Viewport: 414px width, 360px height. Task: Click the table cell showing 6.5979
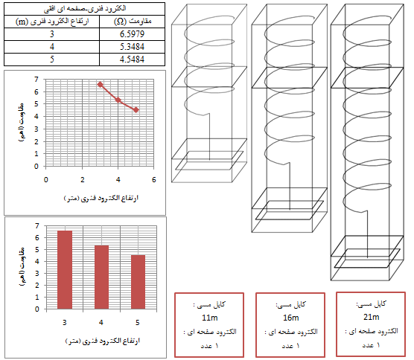132,34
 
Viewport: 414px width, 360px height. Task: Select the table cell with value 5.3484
132,47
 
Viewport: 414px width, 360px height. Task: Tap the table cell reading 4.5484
132,59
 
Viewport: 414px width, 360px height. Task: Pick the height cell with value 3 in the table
52,34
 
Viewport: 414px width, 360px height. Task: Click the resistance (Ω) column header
132,21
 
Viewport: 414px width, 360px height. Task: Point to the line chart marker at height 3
100,84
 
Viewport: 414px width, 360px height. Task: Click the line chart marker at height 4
118,100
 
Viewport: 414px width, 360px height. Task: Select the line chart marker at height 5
136,110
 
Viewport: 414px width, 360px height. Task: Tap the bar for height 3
65,270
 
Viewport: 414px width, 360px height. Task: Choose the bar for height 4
101,277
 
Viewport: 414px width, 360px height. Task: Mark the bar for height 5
138,282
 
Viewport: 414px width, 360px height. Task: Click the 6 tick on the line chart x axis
154,180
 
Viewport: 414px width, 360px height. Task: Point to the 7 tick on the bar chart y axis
37,226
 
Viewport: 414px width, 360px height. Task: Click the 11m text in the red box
210,318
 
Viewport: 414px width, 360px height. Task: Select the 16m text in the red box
290,318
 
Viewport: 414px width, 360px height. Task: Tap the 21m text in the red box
372,317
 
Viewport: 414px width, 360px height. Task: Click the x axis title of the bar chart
103,341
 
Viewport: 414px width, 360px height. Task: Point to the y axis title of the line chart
22,123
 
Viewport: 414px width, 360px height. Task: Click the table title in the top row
85,9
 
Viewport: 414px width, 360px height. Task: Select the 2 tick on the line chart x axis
83,180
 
